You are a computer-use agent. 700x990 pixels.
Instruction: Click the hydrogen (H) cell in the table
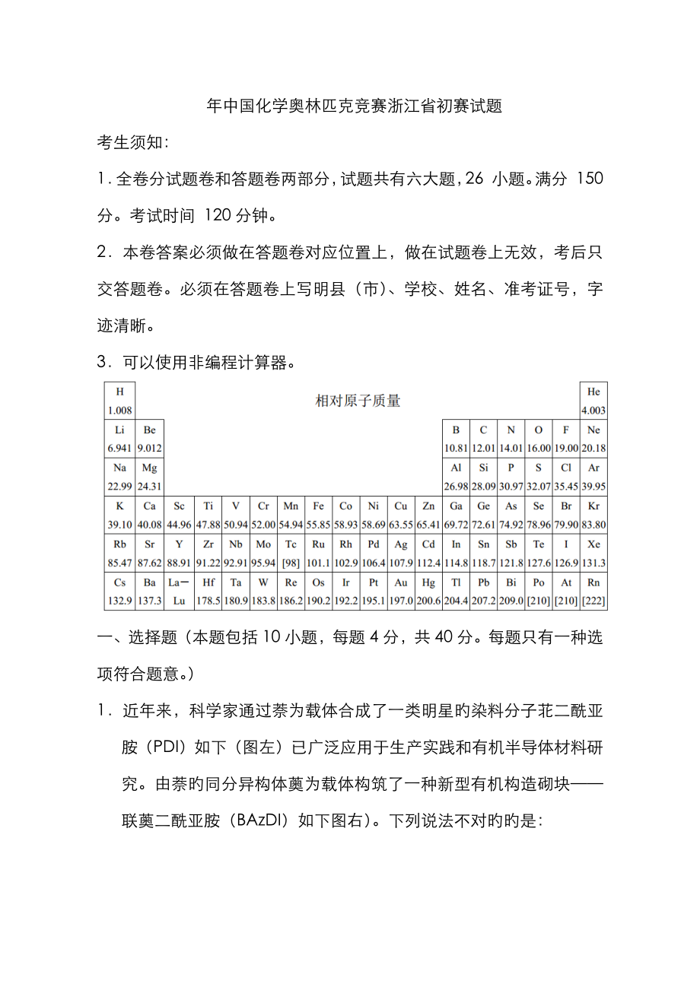(119, 401)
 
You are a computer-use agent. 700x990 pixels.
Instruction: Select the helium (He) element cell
(593, 401)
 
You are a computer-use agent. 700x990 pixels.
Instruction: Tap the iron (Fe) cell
(318, 515)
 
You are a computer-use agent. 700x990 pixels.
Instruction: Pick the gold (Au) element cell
(400, 591)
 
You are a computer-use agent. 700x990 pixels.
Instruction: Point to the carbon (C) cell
(483, 439)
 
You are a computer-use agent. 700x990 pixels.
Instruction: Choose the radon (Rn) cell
(593, 591)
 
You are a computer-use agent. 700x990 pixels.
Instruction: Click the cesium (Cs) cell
(119, 591)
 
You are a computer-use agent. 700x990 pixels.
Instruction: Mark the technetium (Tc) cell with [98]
(291, 553)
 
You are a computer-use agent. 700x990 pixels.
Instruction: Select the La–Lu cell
(178, 591)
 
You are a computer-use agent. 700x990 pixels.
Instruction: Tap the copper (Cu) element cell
(400, 515)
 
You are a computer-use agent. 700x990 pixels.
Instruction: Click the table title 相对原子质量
(358, 401)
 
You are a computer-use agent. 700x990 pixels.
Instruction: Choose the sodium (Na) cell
(119, 477)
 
